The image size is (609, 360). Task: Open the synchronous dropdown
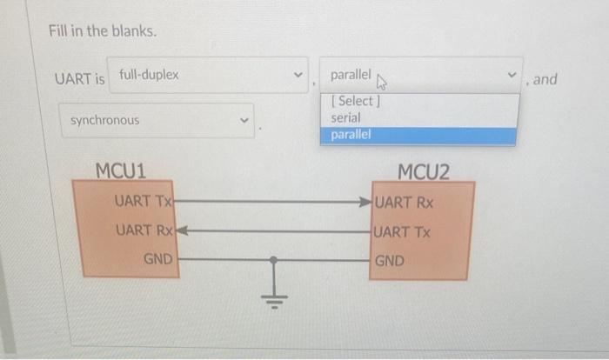157,120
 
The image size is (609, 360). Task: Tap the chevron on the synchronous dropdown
244,120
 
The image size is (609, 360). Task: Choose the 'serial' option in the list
346,117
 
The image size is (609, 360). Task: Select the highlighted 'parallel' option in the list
351,135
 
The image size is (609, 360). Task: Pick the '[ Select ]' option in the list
353,101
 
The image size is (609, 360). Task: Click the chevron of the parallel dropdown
512,76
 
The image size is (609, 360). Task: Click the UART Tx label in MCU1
144,201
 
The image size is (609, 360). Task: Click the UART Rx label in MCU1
143,230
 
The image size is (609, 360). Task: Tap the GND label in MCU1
157,259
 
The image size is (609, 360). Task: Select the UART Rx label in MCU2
405,203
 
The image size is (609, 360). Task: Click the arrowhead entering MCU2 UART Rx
366,203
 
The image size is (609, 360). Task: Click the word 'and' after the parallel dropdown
545,79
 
